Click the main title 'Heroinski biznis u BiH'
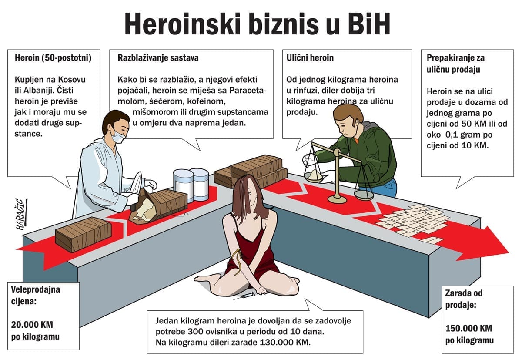[x=257, y=24]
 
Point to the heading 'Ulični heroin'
[x=310, y=57]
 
